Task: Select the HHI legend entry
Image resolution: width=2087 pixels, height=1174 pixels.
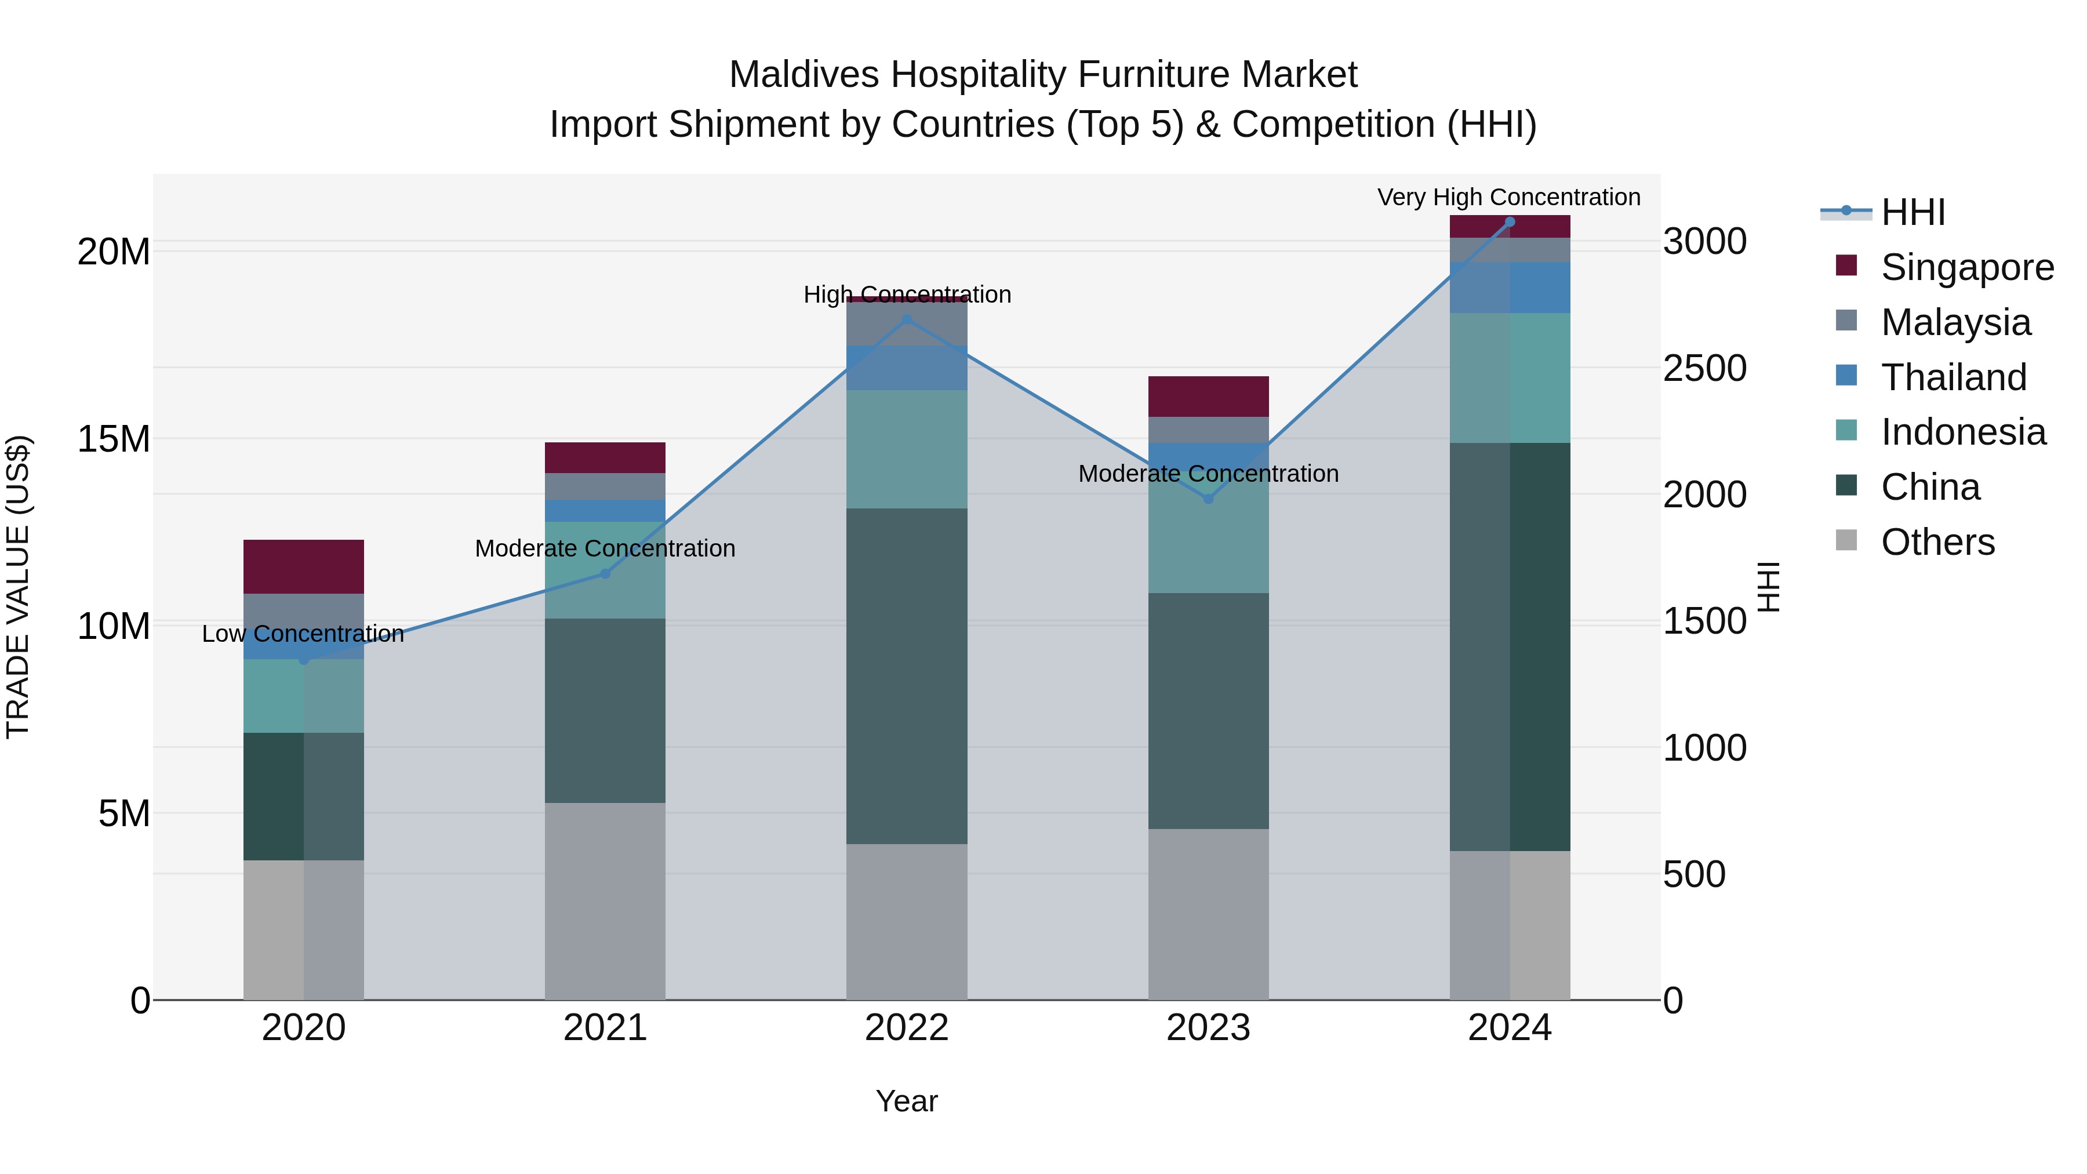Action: (x=1912, y=212)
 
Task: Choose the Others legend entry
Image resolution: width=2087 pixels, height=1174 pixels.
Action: (x=1937, y=542)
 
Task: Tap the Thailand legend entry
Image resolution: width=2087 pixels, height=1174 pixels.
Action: (x=1953, y=377)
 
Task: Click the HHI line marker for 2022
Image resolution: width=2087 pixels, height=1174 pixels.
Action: (x=907, y=320)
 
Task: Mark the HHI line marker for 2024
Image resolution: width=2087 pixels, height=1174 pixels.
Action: (x=1510, y=222)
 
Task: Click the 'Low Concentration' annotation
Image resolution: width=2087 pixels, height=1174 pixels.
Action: (x=303, y=634)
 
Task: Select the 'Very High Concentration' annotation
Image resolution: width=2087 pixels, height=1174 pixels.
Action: (x=1508, y=197)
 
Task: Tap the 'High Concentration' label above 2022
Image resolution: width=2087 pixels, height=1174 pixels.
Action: (x=907, y=294)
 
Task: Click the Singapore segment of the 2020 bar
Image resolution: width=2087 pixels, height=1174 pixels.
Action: (x=304, y=566)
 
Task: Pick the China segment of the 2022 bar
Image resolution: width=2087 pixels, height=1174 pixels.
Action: (x=907, y=676)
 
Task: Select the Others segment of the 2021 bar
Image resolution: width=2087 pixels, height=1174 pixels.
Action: (x=605, y=901)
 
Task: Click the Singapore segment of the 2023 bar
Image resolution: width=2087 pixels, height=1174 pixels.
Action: (x=1208, y=396)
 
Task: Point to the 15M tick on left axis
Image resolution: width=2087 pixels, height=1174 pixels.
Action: (x=114, y=439)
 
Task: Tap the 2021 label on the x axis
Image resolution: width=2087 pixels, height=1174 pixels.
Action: (x=605, y=1028)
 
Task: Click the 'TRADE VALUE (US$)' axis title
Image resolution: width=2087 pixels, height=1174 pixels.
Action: (x=18, y=587)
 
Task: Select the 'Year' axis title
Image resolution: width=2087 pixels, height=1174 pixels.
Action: (x=907, y=1101)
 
